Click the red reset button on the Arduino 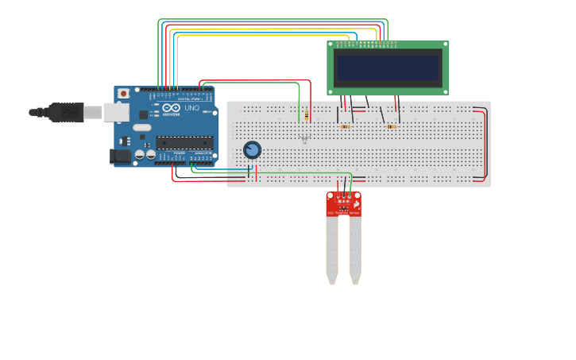[123, 93]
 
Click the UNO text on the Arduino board [191, 108]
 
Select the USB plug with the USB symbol [66, 112]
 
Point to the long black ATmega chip [184, 143]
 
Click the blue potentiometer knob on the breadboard [252, 149]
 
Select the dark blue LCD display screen [388, 68]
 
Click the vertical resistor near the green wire [306, 116]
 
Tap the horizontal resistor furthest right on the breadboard [390, 126]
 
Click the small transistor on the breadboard [304, 139]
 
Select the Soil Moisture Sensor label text [343, 213]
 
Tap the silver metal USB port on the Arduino [115, 113]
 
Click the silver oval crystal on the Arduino [142, 127]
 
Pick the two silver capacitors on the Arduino [145, 154]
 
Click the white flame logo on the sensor [357, 204]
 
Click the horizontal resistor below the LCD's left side [344, 126]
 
